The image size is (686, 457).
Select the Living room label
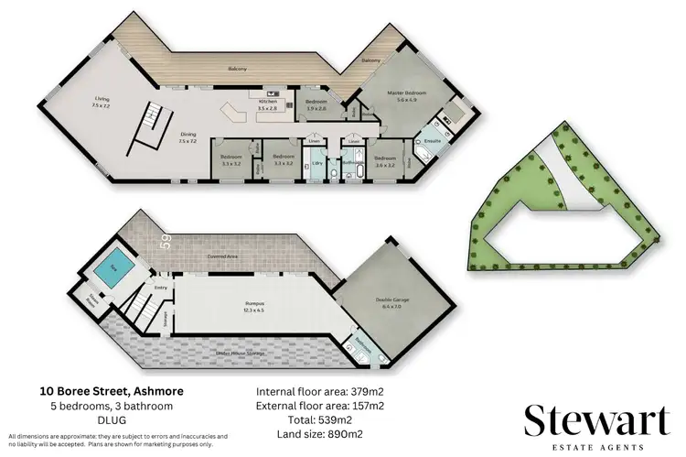(101, 103)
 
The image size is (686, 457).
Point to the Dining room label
(188, 137)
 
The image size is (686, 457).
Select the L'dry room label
(317, 163)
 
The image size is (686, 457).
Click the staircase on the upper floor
(151, 128)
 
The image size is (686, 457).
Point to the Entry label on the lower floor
(162, 288)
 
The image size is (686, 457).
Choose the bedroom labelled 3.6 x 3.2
(384, 161)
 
